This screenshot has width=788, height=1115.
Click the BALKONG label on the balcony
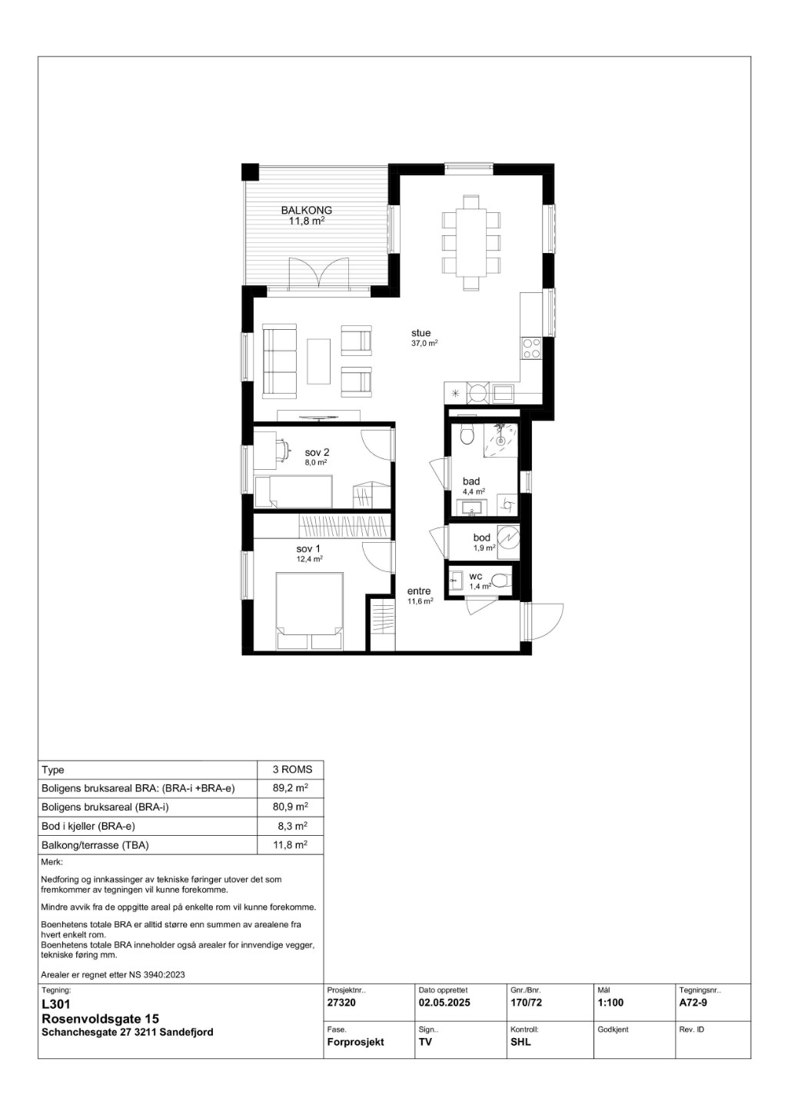tap(306, 210)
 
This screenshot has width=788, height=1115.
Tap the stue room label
tap(421, 333)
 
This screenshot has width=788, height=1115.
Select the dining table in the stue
tap(471, 243)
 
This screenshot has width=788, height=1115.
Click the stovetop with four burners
tap(531, 348)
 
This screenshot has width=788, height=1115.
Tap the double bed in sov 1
tap(309, 611)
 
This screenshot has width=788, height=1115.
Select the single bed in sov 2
tap(293, 492)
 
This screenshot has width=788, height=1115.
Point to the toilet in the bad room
tap(467, 434)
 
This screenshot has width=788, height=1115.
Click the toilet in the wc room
tap(499, 581)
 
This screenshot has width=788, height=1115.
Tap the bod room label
tap(481, 538)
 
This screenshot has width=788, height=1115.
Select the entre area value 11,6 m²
tap(420, 601)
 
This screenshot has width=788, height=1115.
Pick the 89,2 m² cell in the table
tap(290, 788)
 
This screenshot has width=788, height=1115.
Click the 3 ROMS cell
tap(292, 770)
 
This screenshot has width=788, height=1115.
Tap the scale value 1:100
tap(610, 1003)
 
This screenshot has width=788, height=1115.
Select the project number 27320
tap(341, 1003)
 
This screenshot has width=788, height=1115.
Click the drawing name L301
tap(56, 1004)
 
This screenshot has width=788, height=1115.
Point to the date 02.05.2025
tap(444, 1003)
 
